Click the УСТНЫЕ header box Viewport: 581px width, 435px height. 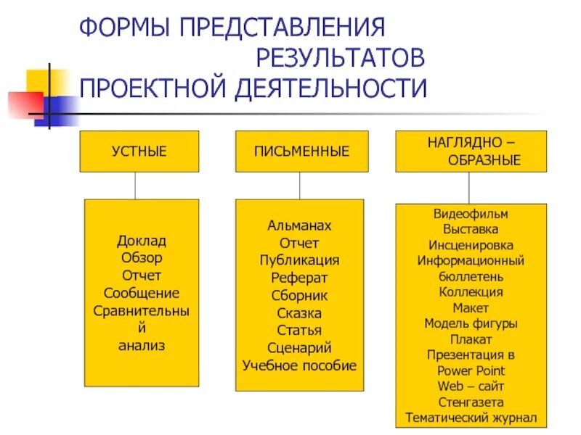[x=139, y=152]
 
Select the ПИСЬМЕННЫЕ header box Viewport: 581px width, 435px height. [x=301, y=152]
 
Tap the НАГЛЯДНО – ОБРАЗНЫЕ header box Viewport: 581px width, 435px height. [x=471, y=152]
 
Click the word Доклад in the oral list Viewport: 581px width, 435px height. [x=142, y=240]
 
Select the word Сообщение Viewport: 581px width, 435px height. [x=142, y=293]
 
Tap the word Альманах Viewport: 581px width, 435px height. [x=299, y=225]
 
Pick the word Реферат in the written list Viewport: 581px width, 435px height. [x=299, y=278]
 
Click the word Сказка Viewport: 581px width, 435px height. [x=299, y=313]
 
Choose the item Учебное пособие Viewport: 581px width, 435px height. [x=299, y=365]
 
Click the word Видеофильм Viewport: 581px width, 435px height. [x=471, y=215]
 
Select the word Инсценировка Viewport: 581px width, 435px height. [x=471, y=245]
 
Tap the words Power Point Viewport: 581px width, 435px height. [x=471, y=370]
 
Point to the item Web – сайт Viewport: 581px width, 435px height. [x=471, y=386]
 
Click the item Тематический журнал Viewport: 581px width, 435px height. [x=471, y=418]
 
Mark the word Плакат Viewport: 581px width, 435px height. [x=471, y=339]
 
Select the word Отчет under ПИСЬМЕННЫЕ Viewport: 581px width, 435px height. [x=299, y=243]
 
